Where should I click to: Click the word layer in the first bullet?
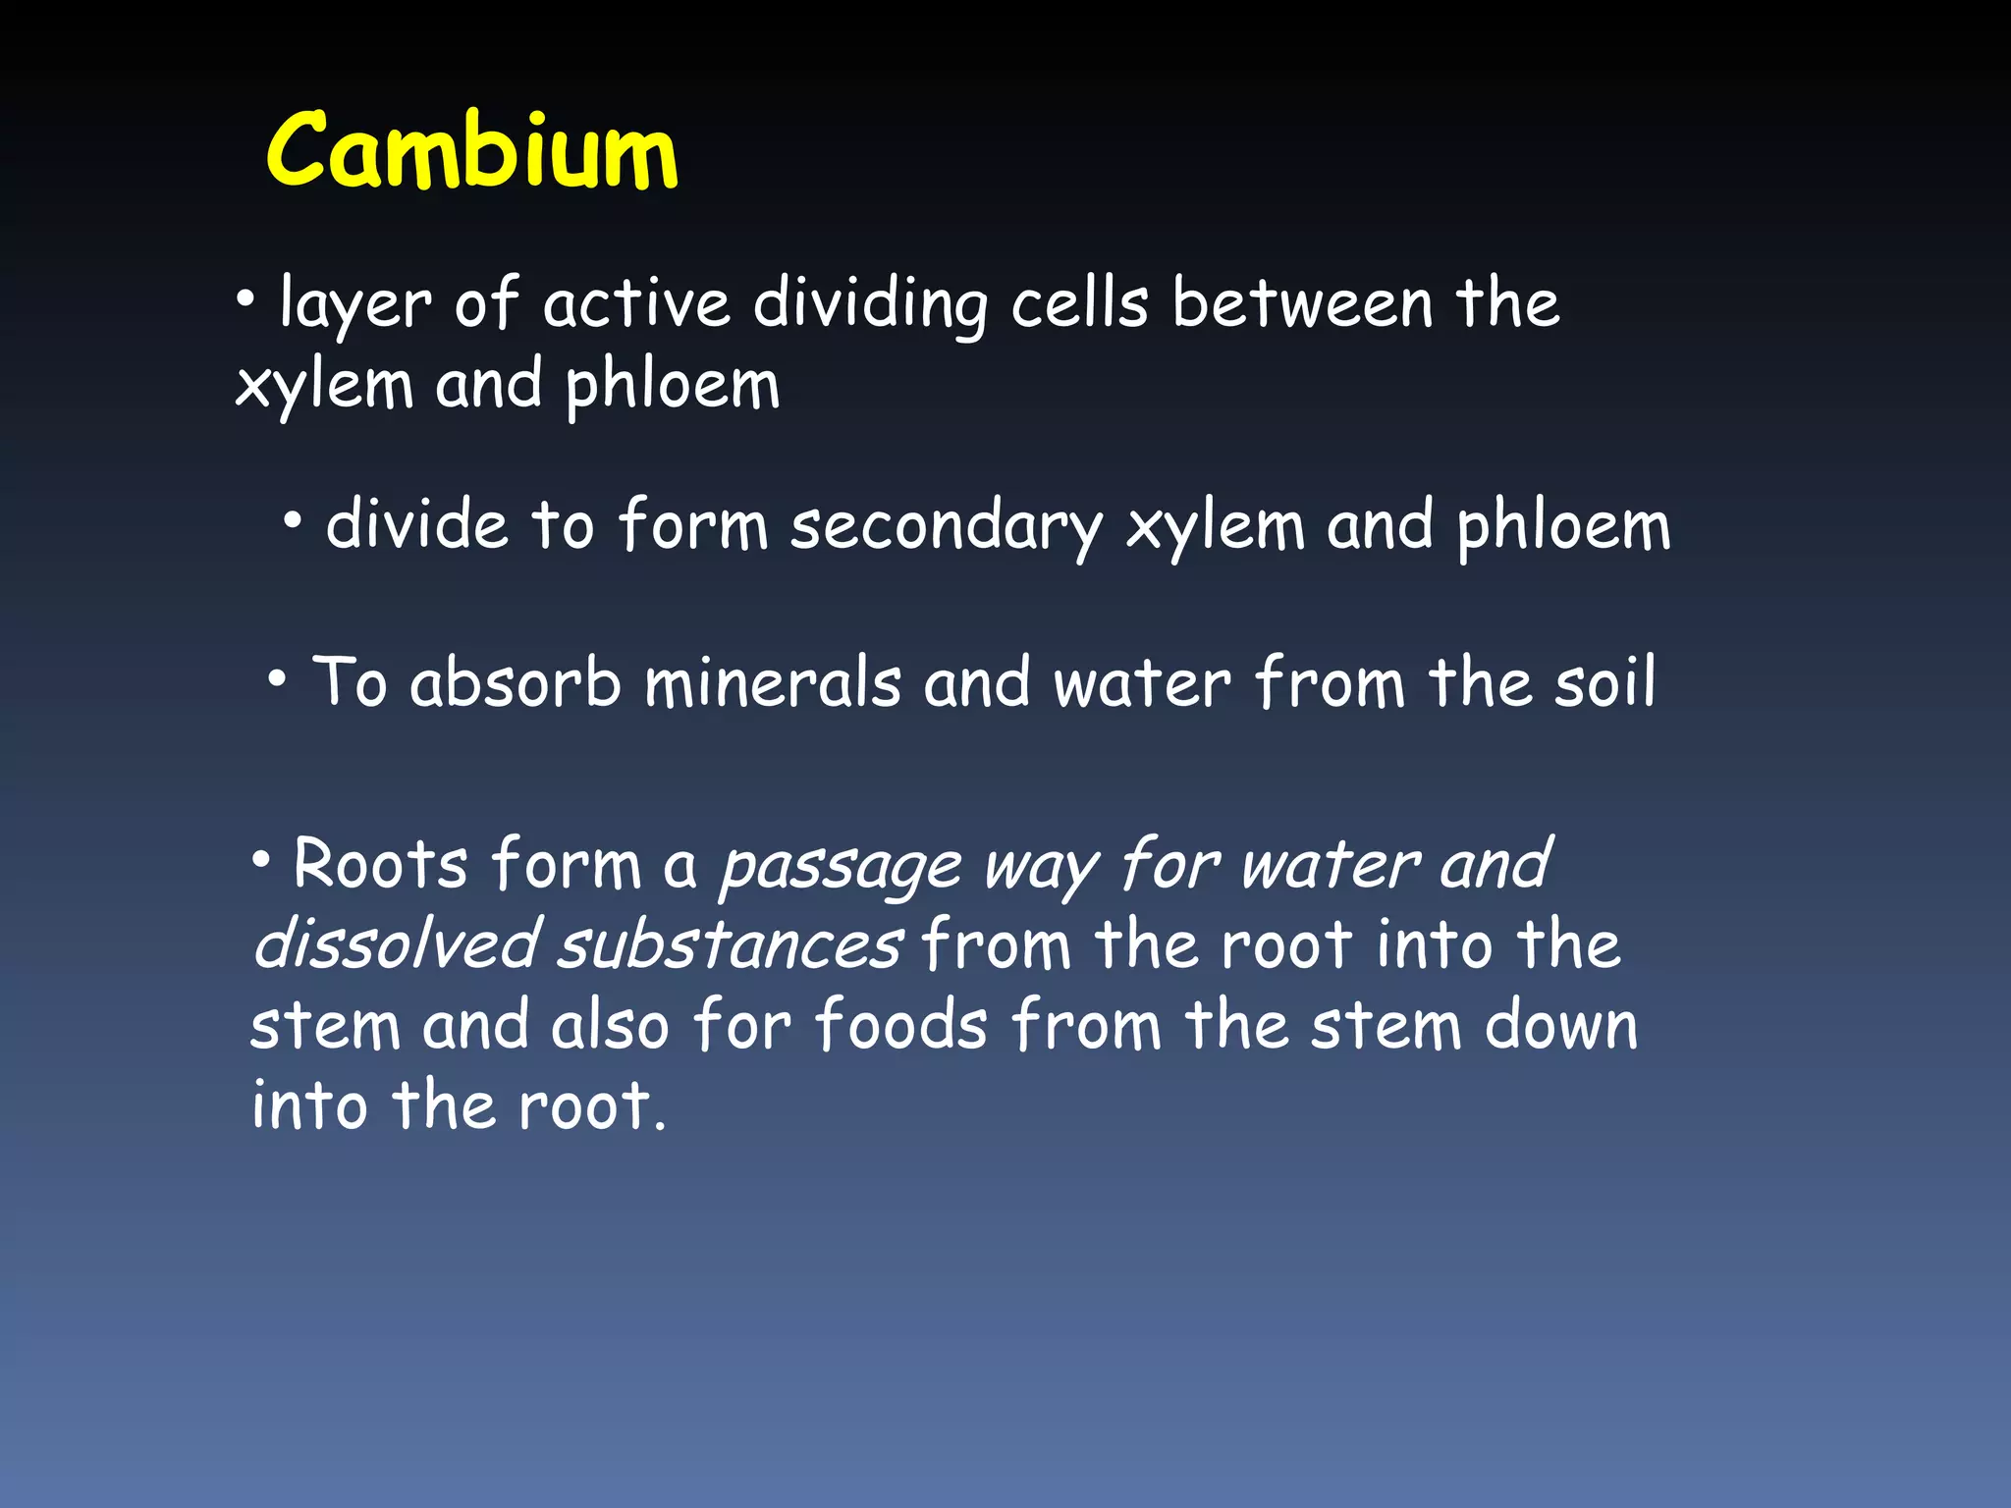354,305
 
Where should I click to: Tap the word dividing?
870,305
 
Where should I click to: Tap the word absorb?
516,681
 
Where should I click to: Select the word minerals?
772,681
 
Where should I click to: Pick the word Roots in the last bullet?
381,864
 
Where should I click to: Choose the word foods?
900,1025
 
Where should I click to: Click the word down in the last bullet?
1560,1025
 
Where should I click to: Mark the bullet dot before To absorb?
278,677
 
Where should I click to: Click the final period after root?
661,1126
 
